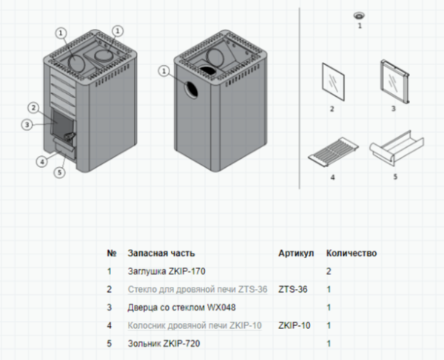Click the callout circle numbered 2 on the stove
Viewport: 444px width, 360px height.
(x=33, y=107)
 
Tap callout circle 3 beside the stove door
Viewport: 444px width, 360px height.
(x=27, y=124)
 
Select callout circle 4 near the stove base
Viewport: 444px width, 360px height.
(x=41, y=160)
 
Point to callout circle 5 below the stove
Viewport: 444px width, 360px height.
(x=61, y=173)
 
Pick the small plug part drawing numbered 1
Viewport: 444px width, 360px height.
(x=360, y=16)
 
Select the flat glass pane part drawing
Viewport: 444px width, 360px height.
(x=332, y=81)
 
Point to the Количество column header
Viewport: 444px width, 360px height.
(x=351, y=253)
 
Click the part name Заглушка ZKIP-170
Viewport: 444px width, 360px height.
(x=165, y=272)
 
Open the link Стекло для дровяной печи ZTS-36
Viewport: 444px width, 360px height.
(x=198, y=290)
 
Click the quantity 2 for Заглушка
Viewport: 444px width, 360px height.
(x=329, y=272)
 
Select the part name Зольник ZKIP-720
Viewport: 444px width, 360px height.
(x=164, y=343)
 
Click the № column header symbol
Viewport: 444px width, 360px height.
(x=112, y=253)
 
